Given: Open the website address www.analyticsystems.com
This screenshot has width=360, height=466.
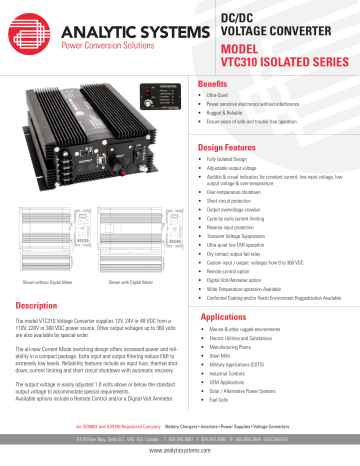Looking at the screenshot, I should (180, 451).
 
